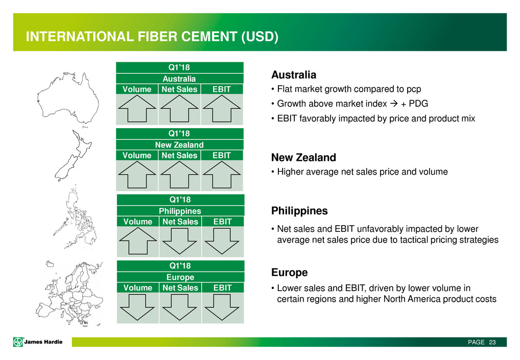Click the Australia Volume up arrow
coord(137,109)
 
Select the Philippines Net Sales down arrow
coord(179,241)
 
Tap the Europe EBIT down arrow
coord(222,307)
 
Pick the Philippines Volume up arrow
coord(138,241)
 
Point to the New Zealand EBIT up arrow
coord(222,175)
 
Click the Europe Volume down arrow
coord(137,307)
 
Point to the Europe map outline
coord(70,294)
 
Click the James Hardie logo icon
coord(18,342)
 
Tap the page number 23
coord(492,342)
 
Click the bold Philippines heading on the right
coord(299,211)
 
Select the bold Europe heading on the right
coord(290,273)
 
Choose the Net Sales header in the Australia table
coord(179,89)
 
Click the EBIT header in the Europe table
coord(223,287)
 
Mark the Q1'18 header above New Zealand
coord(179,133)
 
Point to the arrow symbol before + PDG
coord(394,104)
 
